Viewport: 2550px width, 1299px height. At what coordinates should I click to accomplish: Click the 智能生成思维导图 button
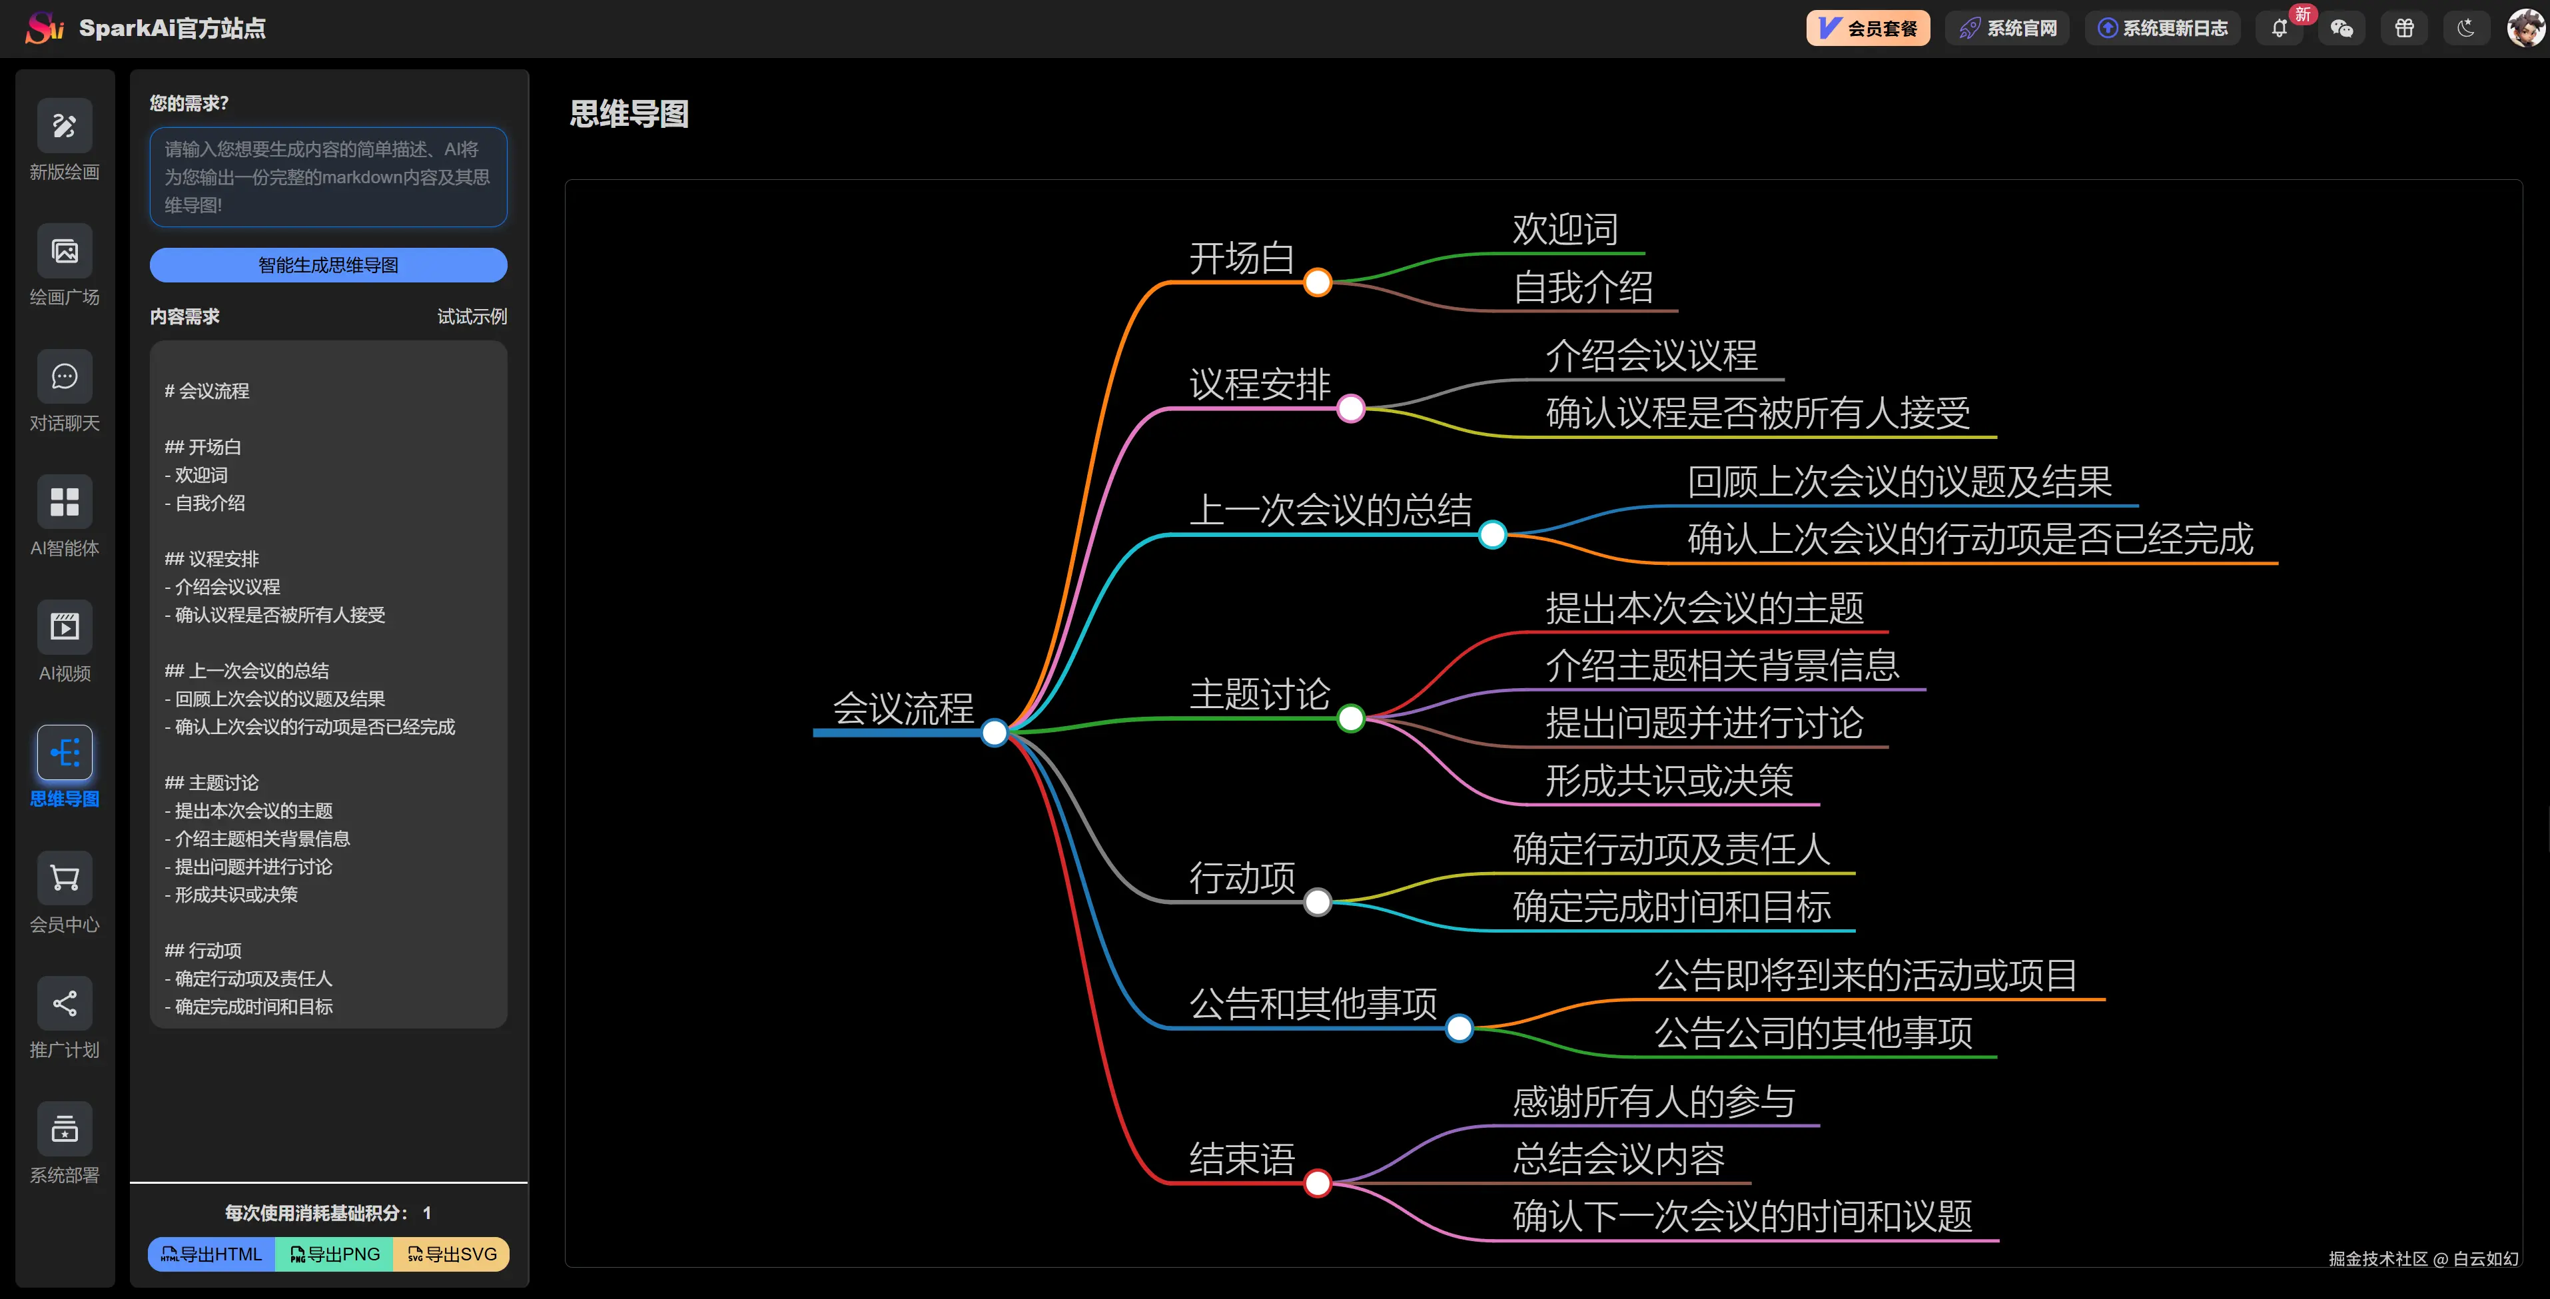click(x=328, y=265)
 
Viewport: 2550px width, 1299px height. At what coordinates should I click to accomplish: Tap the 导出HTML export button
click(x=212, y=1254)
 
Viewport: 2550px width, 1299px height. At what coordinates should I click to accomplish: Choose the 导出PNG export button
click(x=334, y=1254)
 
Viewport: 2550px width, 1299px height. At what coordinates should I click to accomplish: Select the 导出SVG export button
click(x=452, y=1254)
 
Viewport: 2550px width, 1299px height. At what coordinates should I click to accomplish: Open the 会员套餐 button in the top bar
click(x=1868, y=29)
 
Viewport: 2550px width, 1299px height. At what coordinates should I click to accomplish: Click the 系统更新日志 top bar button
click(x=2163, y=29)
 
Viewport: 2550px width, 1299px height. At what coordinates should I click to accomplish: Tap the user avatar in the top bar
click(x=2525, y=28)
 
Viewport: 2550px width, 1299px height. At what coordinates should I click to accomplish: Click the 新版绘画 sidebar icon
click(x=65, y=126)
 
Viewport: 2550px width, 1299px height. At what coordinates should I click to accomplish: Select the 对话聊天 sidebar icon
click(x=65, y=377)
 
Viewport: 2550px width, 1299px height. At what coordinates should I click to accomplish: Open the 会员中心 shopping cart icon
click(x=65, y=878)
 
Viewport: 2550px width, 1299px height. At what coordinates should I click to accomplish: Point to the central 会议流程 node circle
click(x=994, y=733)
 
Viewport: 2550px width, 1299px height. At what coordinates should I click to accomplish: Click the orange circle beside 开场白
click(x=1318, y=282)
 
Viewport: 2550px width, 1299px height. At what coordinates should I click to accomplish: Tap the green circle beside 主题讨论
click(x=1350, y=719)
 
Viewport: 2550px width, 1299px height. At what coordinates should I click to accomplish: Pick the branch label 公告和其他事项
click(x=1312, y=1004)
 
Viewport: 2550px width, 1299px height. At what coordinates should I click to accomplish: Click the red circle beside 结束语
click(x=1318, y=1183)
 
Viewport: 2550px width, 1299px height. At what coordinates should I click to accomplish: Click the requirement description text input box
click(x=328, y=177)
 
